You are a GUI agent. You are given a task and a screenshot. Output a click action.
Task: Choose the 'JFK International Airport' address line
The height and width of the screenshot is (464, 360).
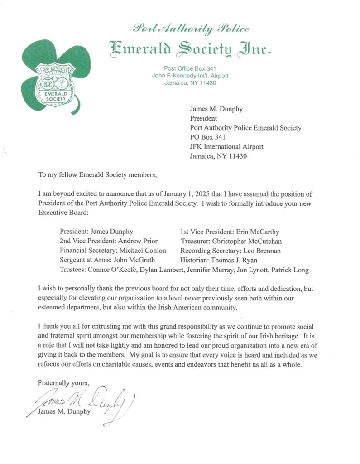click(x=226, y=146)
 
